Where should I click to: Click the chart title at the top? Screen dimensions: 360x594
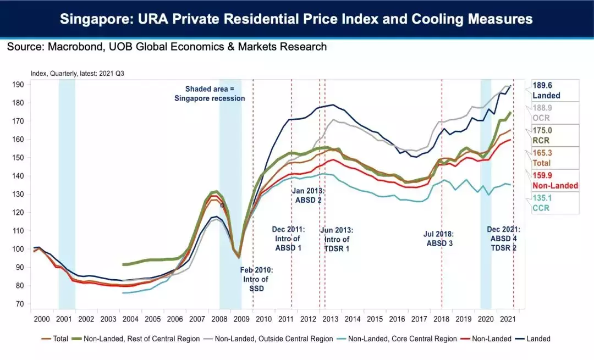click(x=296, y=19)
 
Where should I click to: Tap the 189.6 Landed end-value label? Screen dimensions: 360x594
click(x=546, y=90)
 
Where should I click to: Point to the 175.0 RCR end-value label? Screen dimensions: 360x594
click(x=542, y=135)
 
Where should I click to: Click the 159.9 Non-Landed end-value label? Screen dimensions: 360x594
click(x=555, y=181)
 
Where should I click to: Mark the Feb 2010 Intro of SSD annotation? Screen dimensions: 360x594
click(x=256, y=279)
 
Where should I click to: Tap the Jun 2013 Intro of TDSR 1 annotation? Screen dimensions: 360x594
click(x=337, y=239)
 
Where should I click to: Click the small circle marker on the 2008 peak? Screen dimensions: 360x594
click(x=222, y=205)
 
